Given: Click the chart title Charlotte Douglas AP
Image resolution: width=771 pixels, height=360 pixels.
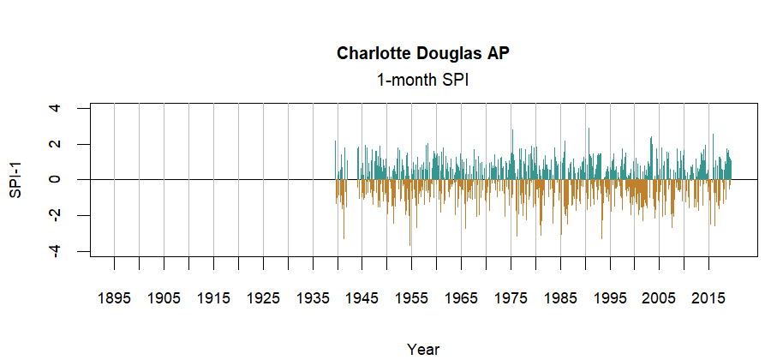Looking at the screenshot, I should pos(423,53).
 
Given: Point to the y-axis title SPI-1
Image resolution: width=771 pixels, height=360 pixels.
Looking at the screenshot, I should pos(15,179).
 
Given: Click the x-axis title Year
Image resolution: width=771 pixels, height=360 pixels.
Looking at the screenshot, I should pos(423,349).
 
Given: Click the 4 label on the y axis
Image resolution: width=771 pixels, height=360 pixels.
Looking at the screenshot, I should pos(55,108).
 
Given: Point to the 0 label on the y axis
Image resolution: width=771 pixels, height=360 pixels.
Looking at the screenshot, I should pos(55,179).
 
